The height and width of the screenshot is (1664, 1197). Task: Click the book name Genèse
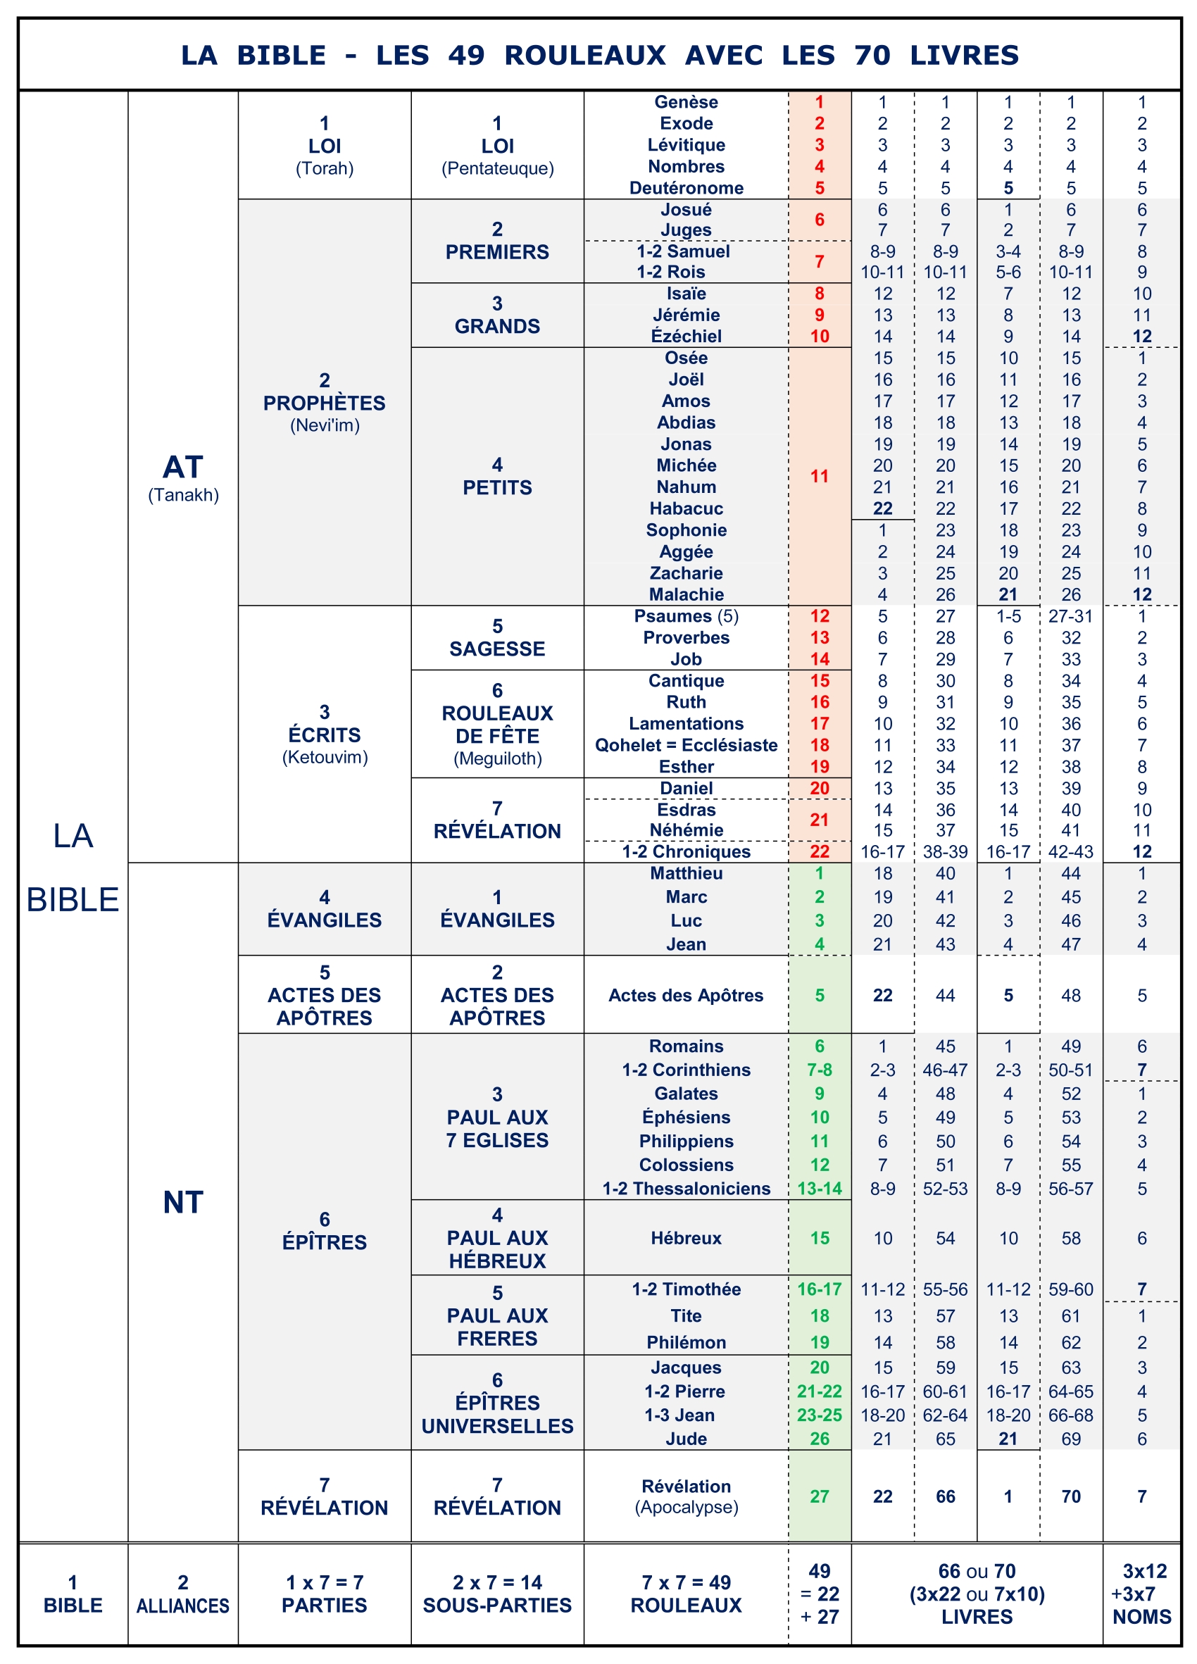[x=686, y=102]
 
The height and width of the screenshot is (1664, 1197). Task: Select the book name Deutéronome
[x=686, y=188]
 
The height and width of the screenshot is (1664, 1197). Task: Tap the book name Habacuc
[x=686, y=508]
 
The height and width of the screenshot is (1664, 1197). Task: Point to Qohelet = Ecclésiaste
[x=686, y=745]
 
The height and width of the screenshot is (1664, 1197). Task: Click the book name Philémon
[x=686, y=1342]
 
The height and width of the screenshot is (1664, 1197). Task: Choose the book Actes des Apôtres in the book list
[x=686, y=995]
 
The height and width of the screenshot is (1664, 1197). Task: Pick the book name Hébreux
[x=686, y=1238]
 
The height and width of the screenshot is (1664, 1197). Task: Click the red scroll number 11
[x=820, y=476]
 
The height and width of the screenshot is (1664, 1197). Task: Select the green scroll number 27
[x=820, y=1496]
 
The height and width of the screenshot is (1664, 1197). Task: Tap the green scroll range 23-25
[x=820, y=1415]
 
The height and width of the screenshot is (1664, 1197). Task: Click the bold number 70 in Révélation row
[x=1071, y=1496]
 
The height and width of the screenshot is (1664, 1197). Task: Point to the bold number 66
[x=946, y=1496]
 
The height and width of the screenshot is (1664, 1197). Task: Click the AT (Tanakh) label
[x=182, y=477]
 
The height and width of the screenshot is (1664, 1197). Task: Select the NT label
[x=182, y=1202]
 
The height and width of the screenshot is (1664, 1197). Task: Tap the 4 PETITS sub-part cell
[x=497, y=476]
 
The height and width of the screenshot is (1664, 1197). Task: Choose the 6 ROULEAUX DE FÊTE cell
[x=497, y=724]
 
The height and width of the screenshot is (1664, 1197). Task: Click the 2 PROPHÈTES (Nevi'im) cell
[x=324, y=402]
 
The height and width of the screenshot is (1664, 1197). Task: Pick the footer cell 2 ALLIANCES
[x=182, y=1594]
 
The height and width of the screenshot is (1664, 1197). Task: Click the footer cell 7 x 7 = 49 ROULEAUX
[x=686, y=1594]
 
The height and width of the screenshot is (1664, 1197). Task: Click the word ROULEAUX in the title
[x=584, y=55]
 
